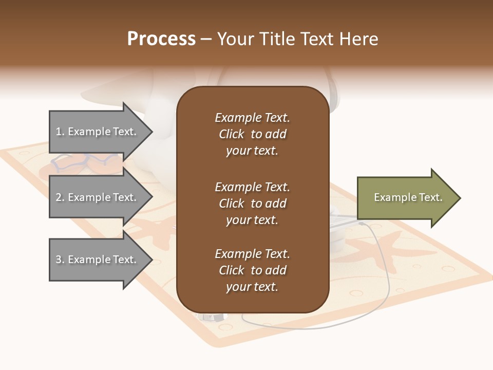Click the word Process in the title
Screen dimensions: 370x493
pos(161,39)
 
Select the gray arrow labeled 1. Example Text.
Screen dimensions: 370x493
pos(98,132)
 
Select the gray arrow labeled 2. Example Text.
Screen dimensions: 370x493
pos(98,197)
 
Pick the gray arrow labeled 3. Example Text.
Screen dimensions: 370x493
pos(98,260)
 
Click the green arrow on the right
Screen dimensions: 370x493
pos(406,198)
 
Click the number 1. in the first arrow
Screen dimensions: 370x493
pos(60,132)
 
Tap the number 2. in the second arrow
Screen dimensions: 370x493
pos(60,198)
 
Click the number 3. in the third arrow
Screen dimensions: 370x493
pos(60,260)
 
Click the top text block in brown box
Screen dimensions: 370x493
pos(252,134)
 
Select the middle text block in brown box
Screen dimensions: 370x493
pos(252,203)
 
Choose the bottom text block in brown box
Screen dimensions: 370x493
pos(252,270)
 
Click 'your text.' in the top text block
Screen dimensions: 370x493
pos(252,151)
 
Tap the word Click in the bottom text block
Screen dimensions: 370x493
pos(231,271)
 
